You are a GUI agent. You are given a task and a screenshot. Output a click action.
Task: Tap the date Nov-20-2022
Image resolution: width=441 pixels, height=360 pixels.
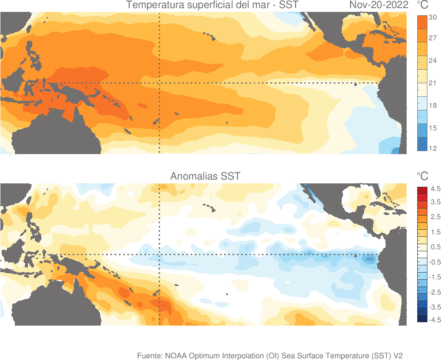(379, 5)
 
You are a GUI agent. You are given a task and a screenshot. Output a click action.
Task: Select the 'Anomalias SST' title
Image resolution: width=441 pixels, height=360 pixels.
(205, 176)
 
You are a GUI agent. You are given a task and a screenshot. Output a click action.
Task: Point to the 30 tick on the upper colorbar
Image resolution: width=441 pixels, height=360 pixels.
(433, 17)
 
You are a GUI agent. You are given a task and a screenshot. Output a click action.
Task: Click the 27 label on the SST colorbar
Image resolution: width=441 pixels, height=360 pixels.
(433, 38)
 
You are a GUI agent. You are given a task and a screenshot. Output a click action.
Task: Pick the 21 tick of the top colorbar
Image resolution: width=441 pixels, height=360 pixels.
(433, 83)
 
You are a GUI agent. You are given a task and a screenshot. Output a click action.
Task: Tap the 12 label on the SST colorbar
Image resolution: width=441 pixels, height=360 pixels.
(433, 148)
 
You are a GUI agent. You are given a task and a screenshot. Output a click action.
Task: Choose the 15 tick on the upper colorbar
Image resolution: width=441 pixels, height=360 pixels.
(433, 128)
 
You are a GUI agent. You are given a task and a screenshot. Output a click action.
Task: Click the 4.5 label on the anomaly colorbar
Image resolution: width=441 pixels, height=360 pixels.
(435, 188)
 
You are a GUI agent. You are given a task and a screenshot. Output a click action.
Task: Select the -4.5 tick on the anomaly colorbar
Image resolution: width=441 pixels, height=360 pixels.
(435, 320)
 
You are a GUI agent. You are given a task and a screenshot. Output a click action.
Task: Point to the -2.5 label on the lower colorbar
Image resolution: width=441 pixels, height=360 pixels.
(435, 292)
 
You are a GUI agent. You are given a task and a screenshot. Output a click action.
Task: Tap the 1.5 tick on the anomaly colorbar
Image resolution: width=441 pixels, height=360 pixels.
(435, 232)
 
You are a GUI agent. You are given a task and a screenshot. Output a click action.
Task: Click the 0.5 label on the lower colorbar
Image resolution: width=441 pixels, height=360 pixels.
(435, 247)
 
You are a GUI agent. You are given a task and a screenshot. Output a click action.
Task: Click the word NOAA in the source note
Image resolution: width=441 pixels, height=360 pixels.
(175, 355)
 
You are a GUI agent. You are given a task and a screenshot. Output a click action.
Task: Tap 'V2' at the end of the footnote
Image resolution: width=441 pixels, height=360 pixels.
(398, 355)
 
